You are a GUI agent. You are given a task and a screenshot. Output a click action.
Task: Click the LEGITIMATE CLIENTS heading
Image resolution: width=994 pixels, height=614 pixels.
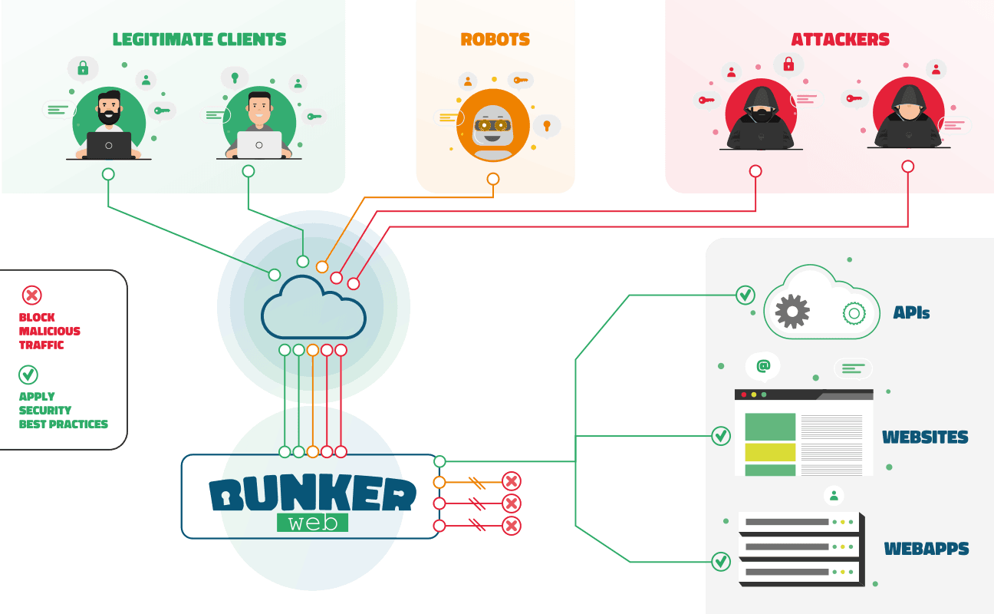tap(199, 39)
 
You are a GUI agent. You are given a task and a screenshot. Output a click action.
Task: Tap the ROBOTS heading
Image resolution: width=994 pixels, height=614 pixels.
tap(495, 39)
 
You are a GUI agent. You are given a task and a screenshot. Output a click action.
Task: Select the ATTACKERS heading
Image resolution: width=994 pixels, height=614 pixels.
tap(840, 39)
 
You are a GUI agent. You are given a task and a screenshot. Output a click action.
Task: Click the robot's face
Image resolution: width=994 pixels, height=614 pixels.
tap(493, 127)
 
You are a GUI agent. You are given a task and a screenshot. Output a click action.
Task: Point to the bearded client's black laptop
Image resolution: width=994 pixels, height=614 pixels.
tap(109, 145)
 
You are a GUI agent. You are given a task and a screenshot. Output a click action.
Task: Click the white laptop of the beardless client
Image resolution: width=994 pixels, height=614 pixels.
tap(259, 145)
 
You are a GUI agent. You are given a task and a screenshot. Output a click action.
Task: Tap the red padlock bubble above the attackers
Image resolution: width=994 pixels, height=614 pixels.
tap(788, 64)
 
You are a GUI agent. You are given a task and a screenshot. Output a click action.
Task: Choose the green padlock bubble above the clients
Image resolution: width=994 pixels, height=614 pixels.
tap(83, 69)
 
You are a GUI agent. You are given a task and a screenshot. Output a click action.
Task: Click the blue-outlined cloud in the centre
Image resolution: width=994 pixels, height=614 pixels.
tap(313, 307)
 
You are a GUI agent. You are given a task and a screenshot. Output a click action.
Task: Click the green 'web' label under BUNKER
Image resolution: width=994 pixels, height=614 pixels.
tap(312, 523)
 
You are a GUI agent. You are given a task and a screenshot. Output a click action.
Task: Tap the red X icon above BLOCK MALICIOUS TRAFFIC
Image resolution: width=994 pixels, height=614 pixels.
tap(32, 295)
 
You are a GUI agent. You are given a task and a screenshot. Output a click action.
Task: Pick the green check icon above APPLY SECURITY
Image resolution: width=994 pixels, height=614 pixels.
tap(28, 375)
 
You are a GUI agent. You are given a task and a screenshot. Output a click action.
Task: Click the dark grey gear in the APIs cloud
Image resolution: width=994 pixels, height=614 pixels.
tap(792, 311)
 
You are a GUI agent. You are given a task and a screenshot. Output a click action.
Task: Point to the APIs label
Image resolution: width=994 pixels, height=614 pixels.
tap(911, 313)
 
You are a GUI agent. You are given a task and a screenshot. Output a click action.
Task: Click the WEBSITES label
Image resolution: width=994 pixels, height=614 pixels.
tap(925, 437)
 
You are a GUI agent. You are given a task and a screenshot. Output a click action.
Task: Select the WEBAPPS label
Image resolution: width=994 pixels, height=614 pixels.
tap(926, 549)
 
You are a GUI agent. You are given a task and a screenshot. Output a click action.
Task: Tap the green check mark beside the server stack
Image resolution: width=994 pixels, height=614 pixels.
tap(721, 562)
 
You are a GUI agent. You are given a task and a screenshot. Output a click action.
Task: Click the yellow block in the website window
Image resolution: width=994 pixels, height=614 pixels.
tap(770, 452)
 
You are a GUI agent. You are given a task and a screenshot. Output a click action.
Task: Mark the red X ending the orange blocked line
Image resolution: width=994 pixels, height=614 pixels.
tap(512, 481)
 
